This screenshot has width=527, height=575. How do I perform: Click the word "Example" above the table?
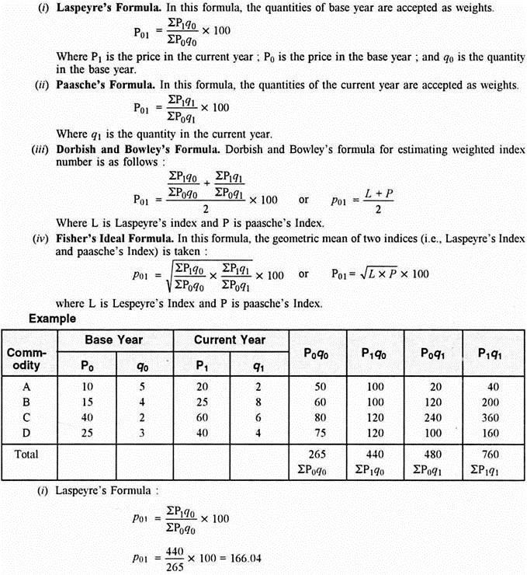[52, 319]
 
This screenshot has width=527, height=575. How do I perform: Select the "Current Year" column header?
[229, 340]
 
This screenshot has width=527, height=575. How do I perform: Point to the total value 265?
[317, 453]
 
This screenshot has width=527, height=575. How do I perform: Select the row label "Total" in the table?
[24, 453]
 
